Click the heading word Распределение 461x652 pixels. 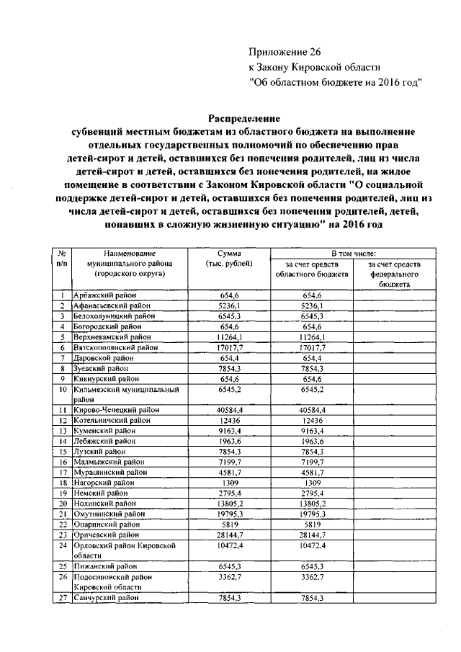(244, 117)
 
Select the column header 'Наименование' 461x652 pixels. (130, 254)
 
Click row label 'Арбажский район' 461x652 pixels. (105, 295)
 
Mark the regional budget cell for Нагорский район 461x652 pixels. (311, 483)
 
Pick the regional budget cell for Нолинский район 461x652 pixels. (311, 504)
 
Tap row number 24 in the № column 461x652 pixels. (63, 545)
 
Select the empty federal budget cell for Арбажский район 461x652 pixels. (394, 295)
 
